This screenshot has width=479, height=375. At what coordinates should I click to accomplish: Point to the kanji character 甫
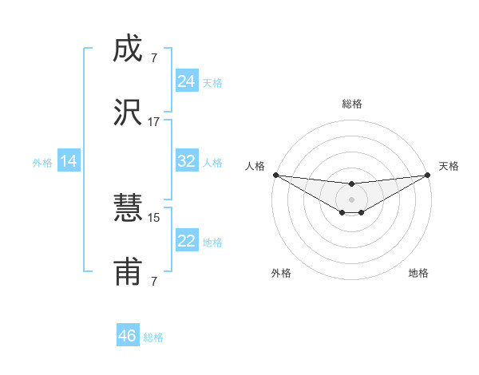128,271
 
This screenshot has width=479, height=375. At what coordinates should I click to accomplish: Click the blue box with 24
186,81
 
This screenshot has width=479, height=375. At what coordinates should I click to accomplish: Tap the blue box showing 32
186,161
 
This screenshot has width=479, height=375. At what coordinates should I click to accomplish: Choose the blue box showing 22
186,241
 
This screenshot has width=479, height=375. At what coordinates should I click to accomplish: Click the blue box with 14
69,161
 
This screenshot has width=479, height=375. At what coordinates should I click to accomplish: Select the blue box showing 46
127,336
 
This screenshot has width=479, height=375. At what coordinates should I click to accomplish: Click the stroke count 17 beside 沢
154,122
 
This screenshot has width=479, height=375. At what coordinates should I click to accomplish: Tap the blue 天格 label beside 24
212,82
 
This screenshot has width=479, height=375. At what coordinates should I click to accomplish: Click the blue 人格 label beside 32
212,162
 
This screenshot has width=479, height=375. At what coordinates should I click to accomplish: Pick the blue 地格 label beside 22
212,242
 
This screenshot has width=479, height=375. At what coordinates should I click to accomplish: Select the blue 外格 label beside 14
42,162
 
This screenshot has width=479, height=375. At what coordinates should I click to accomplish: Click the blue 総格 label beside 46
153,337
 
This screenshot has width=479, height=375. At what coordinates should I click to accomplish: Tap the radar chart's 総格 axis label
351,104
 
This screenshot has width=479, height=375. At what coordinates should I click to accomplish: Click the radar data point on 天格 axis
428,175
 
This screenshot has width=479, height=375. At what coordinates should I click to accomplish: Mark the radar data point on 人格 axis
275,175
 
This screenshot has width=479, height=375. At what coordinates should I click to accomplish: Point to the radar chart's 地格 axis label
418,273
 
